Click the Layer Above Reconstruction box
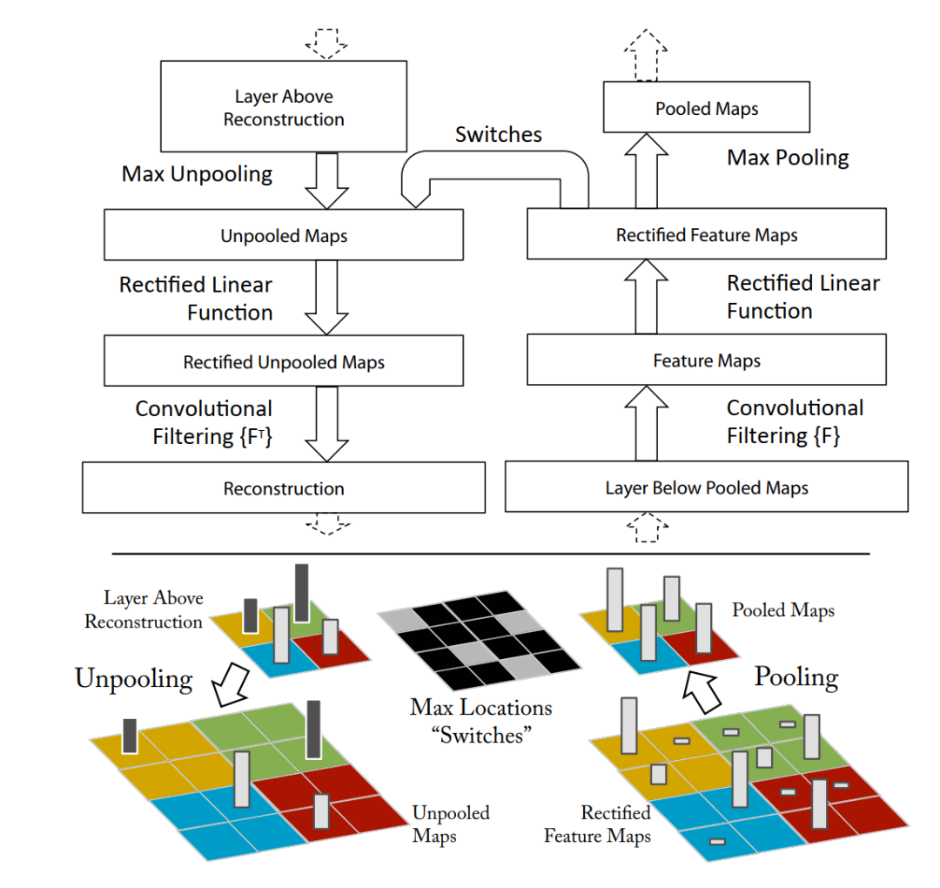pos(284,107)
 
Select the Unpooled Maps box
pos(284,235)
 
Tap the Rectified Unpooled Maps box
pos(284,362)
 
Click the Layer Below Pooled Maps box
pos(706,488)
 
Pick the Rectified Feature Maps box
pos(706,234)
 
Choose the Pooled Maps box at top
pos(706,108)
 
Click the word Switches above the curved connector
pos(499,135)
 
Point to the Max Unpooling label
pos(197,174)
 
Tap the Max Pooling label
pos(788,158)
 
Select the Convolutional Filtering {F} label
pos(795,422)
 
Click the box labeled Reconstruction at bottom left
pos(284,488)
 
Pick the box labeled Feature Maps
pos(706,361)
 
